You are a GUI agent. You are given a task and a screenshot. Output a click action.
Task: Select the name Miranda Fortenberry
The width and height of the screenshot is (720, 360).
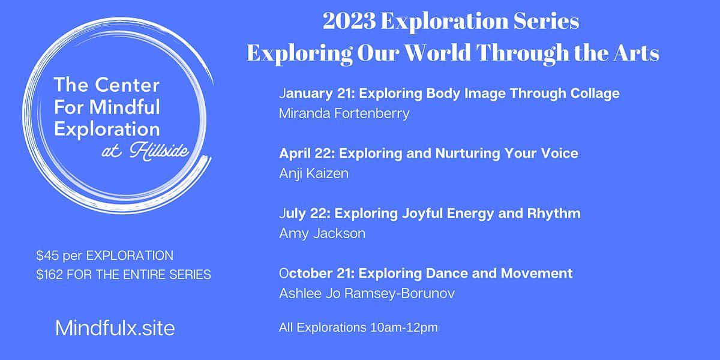coord(344,113)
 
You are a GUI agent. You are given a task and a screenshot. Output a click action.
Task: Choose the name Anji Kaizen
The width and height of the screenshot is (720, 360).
coord(314,173)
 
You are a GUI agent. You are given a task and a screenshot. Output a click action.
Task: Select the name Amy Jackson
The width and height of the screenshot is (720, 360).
coord(322,233)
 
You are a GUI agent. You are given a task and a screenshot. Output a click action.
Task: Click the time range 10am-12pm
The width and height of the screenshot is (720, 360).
coord(411,328)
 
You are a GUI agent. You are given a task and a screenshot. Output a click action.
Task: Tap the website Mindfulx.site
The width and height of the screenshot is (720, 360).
coord(115,328)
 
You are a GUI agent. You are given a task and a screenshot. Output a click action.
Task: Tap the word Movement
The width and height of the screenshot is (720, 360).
coord(540,274)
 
